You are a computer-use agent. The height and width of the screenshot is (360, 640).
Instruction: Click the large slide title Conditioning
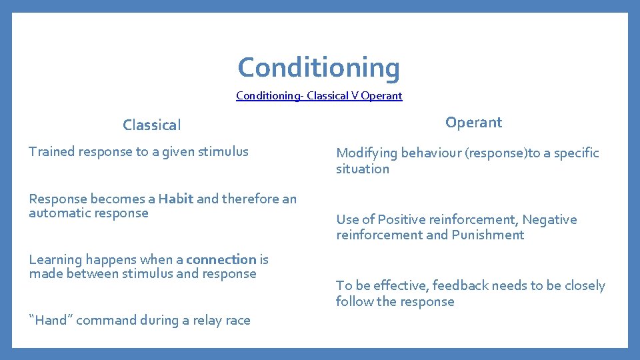click(319, 67)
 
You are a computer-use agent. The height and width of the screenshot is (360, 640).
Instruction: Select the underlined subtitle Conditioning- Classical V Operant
click(319, 95)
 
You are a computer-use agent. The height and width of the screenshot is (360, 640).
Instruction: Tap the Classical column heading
click(151, 125)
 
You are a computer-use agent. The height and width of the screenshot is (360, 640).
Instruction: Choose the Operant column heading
click(473, 122)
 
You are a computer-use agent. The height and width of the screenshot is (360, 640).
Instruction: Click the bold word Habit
click(176, 199)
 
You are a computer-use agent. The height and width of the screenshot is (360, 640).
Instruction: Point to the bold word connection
click(221, 259)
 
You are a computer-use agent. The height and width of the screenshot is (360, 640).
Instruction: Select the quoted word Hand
click(51, 320)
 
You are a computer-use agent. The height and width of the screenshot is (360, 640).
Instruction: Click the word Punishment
click(487, 235)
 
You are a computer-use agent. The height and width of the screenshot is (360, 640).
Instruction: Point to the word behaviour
click(429, 153)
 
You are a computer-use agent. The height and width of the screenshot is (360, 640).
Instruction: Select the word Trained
click(52, 151)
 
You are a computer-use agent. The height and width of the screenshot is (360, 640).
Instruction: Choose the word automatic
click(58, 213)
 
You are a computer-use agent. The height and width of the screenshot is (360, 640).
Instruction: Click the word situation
click(362, 169)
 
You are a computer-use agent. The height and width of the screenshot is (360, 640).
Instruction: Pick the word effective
click(398, 285)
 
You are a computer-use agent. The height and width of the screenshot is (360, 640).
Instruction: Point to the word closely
click(585, 285)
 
